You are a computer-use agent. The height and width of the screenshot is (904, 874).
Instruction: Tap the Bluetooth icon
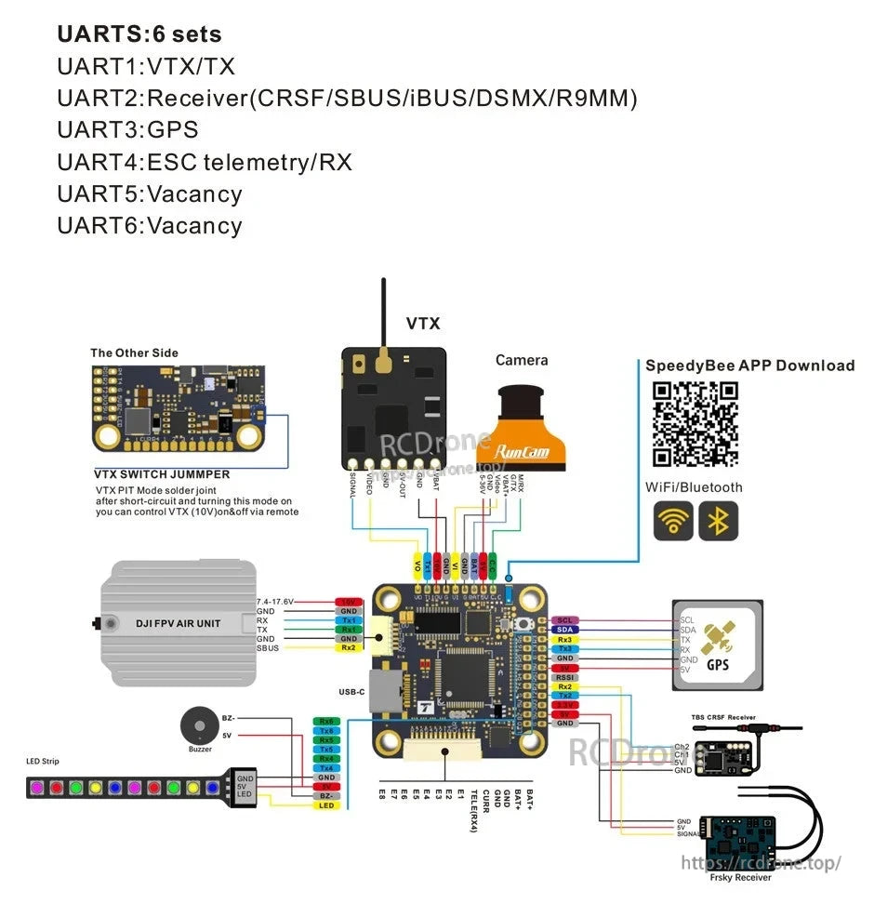point(718,521)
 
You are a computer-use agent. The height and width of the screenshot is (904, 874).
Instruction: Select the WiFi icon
point(673,521)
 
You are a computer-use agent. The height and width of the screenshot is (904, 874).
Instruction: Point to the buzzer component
point(196,726)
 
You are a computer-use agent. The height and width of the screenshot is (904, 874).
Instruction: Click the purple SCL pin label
point(564,620)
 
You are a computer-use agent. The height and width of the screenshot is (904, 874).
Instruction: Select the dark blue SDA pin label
point(564,630)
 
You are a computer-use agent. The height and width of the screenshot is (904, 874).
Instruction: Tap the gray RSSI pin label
point(564,678)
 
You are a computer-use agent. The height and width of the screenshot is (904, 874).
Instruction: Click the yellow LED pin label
point(325,805)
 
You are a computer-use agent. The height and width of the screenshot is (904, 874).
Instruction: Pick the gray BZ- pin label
point(325,796)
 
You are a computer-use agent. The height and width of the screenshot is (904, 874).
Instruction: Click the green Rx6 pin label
point(325,721)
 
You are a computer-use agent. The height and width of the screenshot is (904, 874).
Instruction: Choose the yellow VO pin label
point(417,565)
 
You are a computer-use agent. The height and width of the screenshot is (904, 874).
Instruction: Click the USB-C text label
point(351,692)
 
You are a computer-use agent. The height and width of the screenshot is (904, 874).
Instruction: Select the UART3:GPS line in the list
point(127,129)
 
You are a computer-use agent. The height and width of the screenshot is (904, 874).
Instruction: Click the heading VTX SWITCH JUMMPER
point(162,474)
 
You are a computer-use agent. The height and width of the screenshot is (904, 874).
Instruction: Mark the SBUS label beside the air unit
point(268,647)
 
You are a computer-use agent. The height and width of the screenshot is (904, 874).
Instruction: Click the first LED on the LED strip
point(38,788)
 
